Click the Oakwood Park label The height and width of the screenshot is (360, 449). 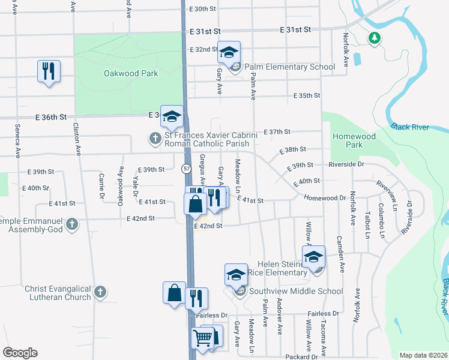pyautogui.click(x=130, y=73)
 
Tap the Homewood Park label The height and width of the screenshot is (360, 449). pyautogui.click(x=354, y=140)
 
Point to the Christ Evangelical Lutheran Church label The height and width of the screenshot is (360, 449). pyautogui.click(x=58, y=293)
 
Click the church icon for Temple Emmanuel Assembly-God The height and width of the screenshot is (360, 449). pyautogui.click(x=72, y=224)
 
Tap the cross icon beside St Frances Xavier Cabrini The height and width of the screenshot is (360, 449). pyautogui.click(x=155, y=139)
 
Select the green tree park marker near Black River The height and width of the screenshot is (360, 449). pyautogui.click(x=375, y=38)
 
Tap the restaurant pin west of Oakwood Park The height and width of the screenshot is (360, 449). pyautogui.click(x=47, y=71)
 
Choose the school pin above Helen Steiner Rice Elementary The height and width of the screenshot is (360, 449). pyautogui.click(x=313, y=258)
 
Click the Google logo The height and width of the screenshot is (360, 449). pyautogui.click(x=20, y=352)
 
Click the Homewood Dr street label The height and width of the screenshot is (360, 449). pyautogui.click(x=324, y=197)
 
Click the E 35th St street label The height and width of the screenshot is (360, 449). pyautogui.click(x=306, y=95)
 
